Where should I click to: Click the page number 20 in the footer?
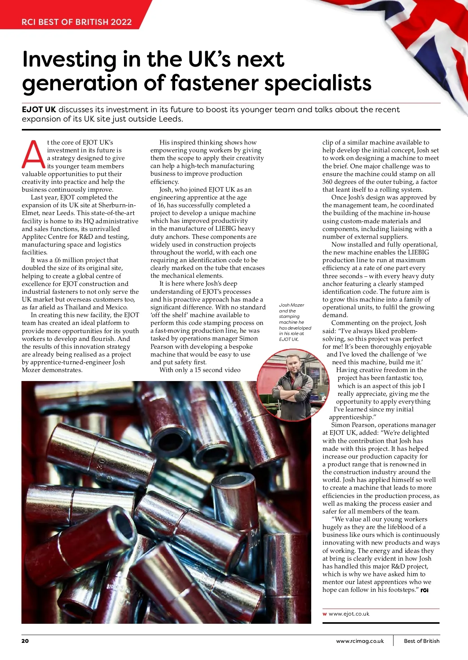click(x=25, y=641)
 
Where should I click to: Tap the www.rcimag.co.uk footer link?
click(x=360, y=641)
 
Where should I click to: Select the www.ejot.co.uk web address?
click(x=349, y=614)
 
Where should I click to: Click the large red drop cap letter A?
click(x=34, y=155)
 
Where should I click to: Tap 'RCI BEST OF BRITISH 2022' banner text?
click(x=76, y=22)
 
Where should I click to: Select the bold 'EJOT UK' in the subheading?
click(x=39, y=109)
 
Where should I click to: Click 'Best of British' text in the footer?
click(x=422, y=641)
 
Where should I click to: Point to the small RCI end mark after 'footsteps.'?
click(x=425, y=590)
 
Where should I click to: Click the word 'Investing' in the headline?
click(x=69, y=59)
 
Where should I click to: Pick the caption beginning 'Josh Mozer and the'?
click(x=294, y=322)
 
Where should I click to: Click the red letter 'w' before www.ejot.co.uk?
click(x=324, y=614)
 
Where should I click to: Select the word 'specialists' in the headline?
click(x=318, y=83)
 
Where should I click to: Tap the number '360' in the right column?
click(x=328, y=182)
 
